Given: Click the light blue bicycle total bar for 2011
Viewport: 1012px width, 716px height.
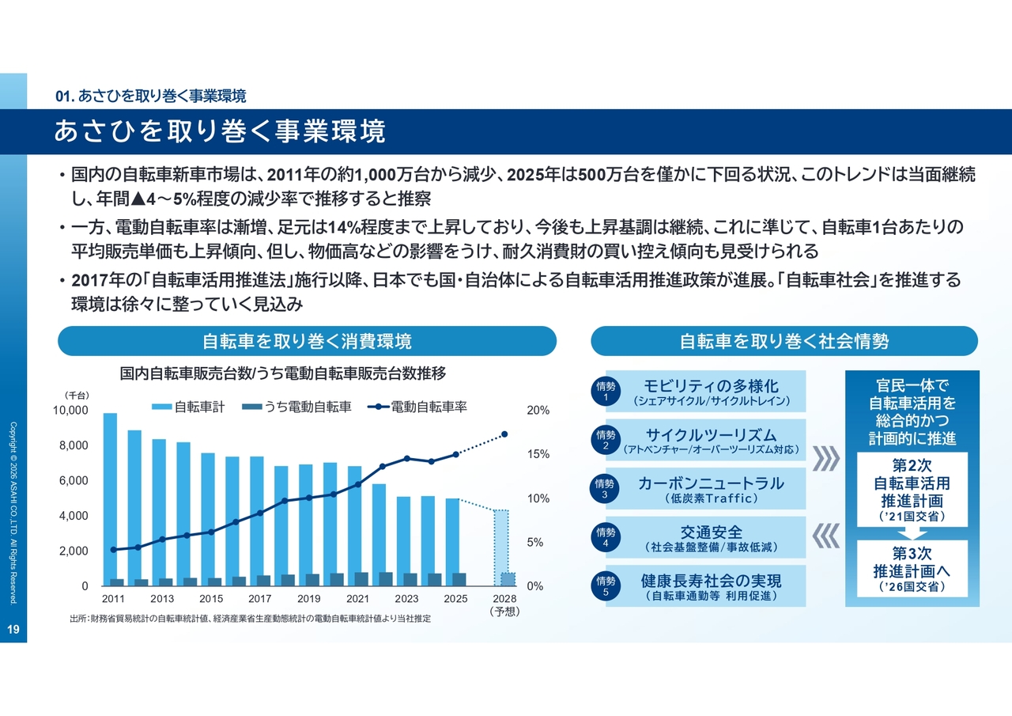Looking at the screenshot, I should pyautogui.click(x=110, y=498).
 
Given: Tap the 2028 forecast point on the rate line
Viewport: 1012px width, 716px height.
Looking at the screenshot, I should pyautogui.click(x=504, y=434).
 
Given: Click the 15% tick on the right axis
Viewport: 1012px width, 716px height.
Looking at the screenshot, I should pyautogui.click(x=538, y=455).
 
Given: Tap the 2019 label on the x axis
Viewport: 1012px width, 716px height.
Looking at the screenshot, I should pyautogui.click(x=309, y=599).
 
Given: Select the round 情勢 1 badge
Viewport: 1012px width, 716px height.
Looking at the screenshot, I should pyautogui.click(x=606, y=392).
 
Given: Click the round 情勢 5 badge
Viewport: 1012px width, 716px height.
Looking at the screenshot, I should pyautogui.click(x=606, y=586).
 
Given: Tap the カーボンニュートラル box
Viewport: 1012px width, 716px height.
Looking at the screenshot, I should pyautogui.click(x=711, y=489).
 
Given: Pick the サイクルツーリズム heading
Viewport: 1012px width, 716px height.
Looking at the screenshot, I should pyautogui.click(x=711, y=434).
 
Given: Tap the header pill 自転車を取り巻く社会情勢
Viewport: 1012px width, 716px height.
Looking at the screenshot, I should pyautogui.click(x=784, y=341).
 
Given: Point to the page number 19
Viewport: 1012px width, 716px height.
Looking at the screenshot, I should pyautogui.click(x=13, y=630).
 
